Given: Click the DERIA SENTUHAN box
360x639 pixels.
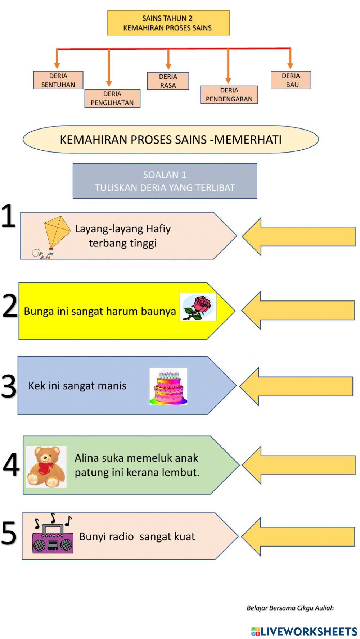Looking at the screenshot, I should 58,80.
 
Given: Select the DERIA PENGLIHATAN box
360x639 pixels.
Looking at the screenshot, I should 112,98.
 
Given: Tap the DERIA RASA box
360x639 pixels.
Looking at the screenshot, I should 168,81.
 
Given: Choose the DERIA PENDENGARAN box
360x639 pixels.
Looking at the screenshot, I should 229,95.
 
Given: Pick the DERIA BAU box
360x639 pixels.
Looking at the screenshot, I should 291,80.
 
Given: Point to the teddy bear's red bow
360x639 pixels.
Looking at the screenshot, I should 45,467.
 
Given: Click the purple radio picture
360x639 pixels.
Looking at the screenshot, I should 53,538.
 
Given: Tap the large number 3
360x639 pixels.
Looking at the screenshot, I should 9,386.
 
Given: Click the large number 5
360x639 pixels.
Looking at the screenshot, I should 9,533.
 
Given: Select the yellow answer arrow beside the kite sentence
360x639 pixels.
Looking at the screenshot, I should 299,236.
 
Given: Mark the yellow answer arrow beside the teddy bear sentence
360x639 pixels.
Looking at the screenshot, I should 299,465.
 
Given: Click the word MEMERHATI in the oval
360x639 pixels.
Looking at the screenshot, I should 248,140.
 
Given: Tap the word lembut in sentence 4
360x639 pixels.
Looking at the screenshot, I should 183,472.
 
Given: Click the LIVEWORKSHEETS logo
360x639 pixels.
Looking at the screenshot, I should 304,631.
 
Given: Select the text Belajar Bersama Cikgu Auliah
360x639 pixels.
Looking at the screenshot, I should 290,608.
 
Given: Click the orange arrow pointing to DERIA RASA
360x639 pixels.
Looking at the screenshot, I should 168,59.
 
